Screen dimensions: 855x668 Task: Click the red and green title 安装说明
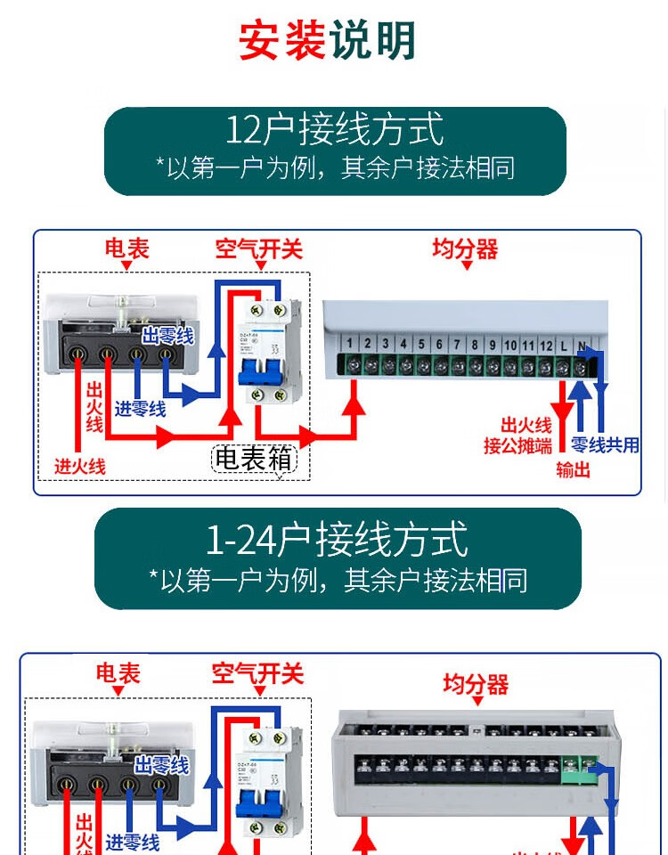tap(327, 41)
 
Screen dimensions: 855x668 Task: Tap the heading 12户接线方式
tap(334, 130)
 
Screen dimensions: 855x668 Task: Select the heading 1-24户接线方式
tap(337, 540)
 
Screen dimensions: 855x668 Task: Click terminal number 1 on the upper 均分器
tap(350, 344)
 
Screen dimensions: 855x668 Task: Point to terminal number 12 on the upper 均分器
tap(546, 345)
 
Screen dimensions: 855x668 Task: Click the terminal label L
tap(564, 345)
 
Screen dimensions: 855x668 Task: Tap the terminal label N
tap(582, 345)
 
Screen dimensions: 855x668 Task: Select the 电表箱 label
tap(254, 459)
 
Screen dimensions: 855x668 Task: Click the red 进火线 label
tap(80, 466)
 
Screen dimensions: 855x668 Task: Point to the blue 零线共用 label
tap(605, 445)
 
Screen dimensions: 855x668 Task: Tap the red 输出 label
tap(573, 469)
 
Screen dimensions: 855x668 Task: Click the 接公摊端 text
tap(517, 445)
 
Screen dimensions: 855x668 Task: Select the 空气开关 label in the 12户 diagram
tap(258, 249)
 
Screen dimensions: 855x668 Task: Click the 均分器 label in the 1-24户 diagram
tap(476, 684)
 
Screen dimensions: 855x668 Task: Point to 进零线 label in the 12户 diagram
tap(139, 409)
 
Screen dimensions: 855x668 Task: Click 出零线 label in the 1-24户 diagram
tap(161, 764)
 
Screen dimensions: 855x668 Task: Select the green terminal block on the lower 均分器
tap(579, 768)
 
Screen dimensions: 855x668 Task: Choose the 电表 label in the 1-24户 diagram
tap(118, 673)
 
